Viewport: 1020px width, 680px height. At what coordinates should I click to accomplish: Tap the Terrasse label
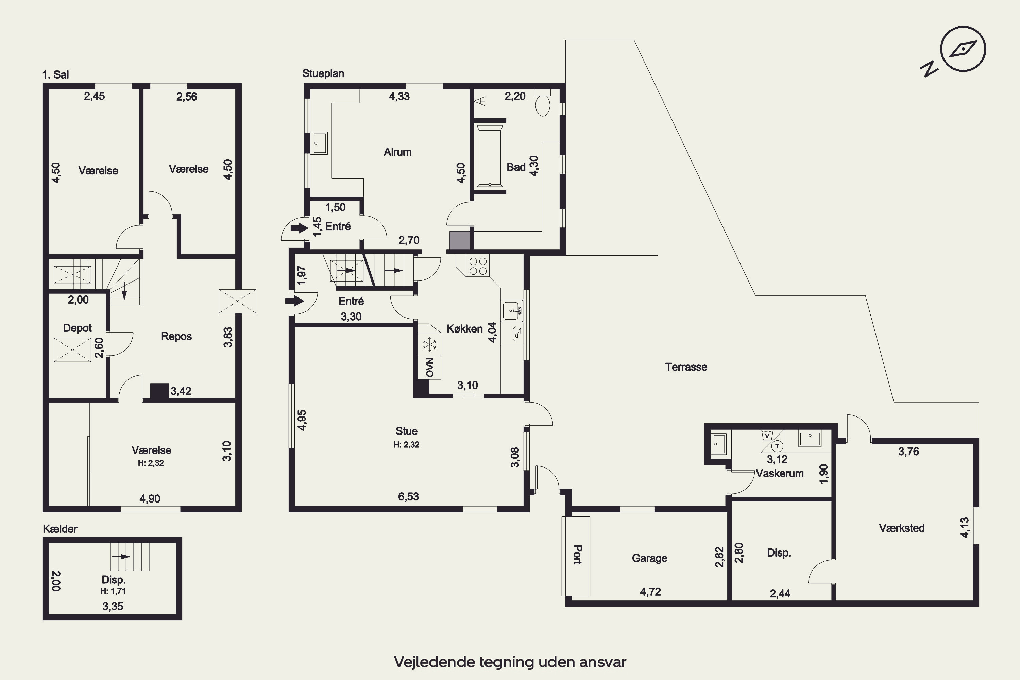pos(686,367)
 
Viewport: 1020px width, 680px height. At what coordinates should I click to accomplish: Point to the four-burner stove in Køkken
pos(477,266)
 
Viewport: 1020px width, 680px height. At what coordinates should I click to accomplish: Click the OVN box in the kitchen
pos(429,367)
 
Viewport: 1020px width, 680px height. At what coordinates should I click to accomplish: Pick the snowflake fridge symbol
pos(430,345)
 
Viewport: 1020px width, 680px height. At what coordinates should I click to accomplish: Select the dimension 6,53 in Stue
pos(409,496)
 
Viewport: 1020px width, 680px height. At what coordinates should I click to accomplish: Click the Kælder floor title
pos(60,529)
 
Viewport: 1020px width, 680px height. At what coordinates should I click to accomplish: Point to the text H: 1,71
pos(113,591)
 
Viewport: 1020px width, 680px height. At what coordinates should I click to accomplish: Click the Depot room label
pos(77,328)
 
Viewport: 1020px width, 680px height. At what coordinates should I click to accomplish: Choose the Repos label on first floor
pos(176,336)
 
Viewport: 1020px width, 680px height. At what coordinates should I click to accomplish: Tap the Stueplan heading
pos(323,74)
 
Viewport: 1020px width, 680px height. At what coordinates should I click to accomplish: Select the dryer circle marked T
pos(777,446)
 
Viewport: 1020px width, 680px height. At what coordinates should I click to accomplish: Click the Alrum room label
pos(398,152)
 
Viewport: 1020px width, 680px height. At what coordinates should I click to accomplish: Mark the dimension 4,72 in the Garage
pos(650,592)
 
